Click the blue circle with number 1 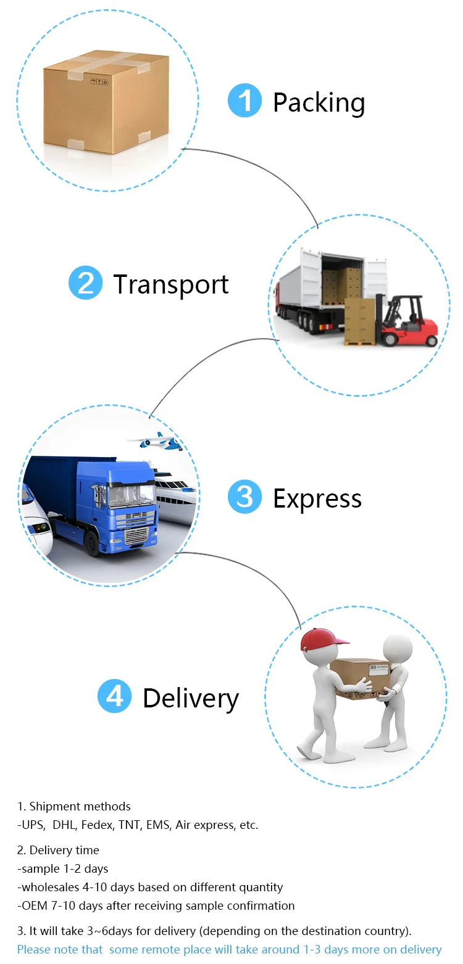point(245,101)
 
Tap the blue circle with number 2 point(86,283)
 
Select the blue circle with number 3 point(245,497)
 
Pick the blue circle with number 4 point(115,696)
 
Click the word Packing point(319,103)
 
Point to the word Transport point(171,284)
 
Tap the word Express point(317,499)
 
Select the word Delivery point(191,699)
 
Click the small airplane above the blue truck point(154,440)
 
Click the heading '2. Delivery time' point(58,850)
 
